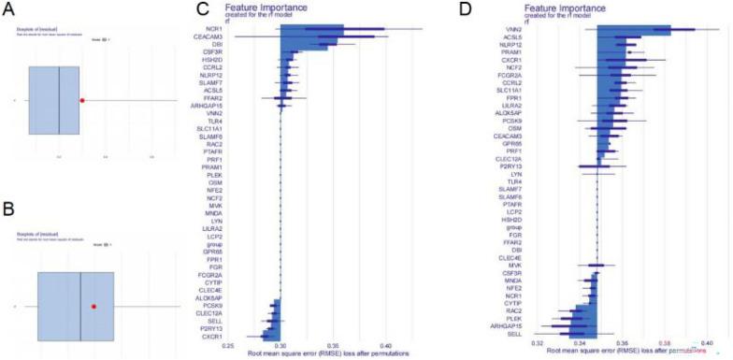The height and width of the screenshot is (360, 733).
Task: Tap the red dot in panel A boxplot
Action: [82, 100]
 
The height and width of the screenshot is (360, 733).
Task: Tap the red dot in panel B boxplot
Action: [94, 306]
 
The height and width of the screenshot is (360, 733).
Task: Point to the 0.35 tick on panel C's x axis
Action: [332, 345]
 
